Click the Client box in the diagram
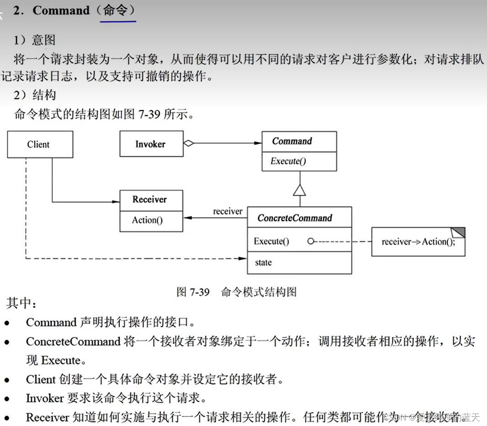point(40,144)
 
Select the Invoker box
point(151,144)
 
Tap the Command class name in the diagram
point(292,141)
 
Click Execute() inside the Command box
point(288,161)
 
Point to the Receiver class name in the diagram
point(150,199)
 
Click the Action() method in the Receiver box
point(147,220)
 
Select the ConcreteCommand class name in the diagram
point(295,218)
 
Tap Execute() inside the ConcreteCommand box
point(272,241)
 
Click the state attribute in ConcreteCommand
point(263,262)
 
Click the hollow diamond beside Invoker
point(188,144)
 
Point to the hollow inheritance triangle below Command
point(299,190)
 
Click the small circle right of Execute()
point(311,241)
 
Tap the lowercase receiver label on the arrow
point(228,211)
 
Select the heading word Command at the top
point(61,11)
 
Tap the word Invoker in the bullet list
point(45,398)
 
